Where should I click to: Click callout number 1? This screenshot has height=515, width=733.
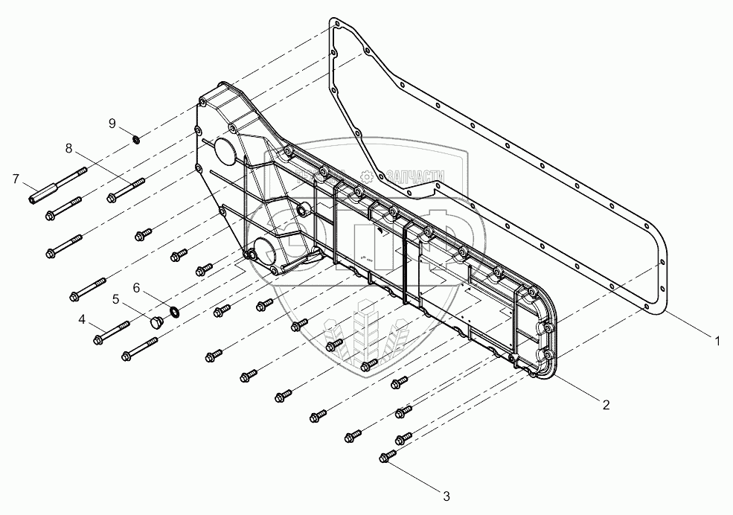[x=717, y=342]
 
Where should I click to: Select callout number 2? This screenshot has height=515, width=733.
[x=606, y=405]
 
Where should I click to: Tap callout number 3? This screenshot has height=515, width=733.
[x=446, y=495]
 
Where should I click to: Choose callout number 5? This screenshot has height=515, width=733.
[x=116, y=298]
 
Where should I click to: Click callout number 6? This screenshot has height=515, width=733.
[x=136, y=287]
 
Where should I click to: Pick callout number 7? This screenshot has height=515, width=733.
[x=15, y=179]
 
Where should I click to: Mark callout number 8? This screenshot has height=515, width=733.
[x=68, y=148]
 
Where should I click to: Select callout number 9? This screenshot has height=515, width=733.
[x=112, y=123]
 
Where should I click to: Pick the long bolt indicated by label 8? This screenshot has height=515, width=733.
[x=124, y=190]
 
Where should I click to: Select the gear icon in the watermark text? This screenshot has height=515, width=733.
[x=366, y=175]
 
